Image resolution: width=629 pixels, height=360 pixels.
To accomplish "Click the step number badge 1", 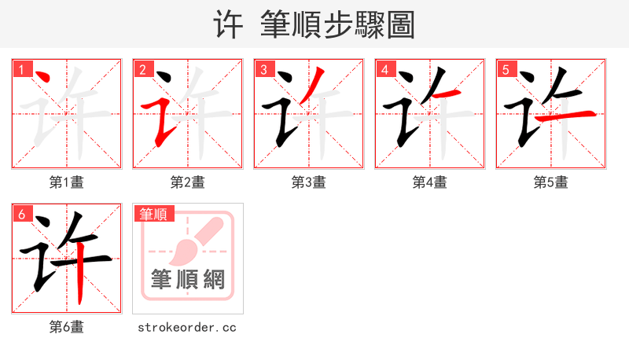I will (x=21, y=69).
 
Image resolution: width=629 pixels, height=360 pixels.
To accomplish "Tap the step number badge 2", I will (x=142, y=69).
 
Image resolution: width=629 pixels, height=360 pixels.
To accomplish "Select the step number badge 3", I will (x=263, y=69).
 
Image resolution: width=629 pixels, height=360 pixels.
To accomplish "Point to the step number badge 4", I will (x=384, y=69).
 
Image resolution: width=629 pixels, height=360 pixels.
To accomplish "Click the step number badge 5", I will (x=506, y=69).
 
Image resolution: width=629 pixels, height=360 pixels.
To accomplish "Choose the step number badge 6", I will (x=21, y=213).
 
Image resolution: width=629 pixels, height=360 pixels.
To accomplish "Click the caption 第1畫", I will (x=67, y=182).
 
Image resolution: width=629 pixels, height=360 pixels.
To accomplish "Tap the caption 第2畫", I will (x=188, y=182).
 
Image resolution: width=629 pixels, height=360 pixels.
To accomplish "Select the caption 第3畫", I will (x=309, y=182).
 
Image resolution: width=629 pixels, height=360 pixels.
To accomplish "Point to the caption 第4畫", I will (x=430, y=182).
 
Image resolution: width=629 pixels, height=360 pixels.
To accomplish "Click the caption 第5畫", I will (x=551, y=182).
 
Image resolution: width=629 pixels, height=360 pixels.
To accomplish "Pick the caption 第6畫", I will (x=67, y=327).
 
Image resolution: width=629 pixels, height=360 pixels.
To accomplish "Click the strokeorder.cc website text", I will (x=187, y=327).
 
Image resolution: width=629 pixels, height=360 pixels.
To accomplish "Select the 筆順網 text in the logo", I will (x=188, y=278).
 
